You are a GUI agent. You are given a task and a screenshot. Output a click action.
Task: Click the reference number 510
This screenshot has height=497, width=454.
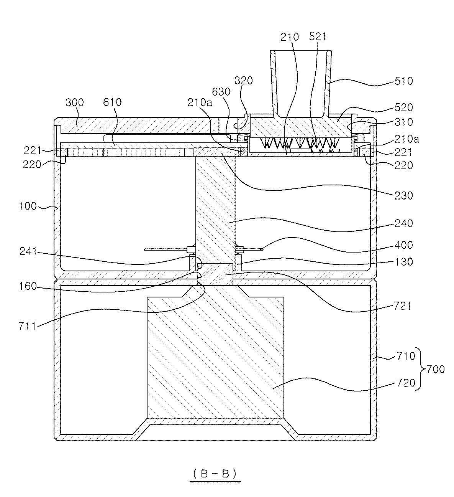(x=403, y=81)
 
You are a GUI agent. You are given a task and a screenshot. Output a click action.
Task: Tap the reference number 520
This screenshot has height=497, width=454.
(x=403, y=107)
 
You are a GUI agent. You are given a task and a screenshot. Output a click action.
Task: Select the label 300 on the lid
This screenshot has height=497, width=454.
(x=74, y=102)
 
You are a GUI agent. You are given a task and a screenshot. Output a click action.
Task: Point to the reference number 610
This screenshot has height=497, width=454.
(x=112, y=102)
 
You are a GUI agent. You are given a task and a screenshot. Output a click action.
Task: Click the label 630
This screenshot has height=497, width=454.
(x=221, y=92)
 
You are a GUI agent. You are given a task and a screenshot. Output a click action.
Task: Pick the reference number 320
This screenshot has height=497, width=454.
(x=243, y=81)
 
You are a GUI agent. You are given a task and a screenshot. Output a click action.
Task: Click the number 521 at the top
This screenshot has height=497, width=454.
(x=318, y=37)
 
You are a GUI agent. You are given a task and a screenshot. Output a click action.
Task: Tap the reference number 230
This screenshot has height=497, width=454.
(x=403, y=196)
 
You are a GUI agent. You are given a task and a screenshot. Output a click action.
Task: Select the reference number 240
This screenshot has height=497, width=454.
(x=403, y=223)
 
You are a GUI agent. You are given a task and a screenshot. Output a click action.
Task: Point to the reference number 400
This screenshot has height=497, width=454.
(x=403, y=245)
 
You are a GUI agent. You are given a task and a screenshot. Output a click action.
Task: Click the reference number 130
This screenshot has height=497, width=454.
(x=403, y=262)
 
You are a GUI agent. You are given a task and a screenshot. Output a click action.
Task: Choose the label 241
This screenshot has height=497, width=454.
(x=28, y=252)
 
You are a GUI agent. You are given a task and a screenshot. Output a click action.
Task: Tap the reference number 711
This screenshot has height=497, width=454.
(x=28, y=327)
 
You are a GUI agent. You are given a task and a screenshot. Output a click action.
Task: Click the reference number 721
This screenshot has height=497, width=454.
(x=403, y=306)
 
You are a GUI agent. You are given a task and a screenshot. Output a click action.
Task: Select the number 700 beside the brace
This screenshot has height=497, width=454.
(x=436, y=370)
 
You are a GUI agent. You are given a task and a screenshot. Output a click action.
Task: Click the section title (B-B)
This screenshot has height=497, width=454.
(x=215, y=474)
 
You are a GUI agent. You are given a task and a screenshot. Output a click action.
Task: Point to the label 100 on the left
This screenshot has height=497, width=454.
(x=28, y=206)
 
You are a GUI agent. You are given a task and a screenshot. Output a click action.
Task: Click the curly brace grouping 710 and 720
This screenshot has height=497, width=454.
(x=421, y=369)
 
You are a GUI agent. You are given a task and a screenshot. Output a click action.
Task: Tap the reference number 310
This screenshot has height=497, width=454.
(x=403, y=122)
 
